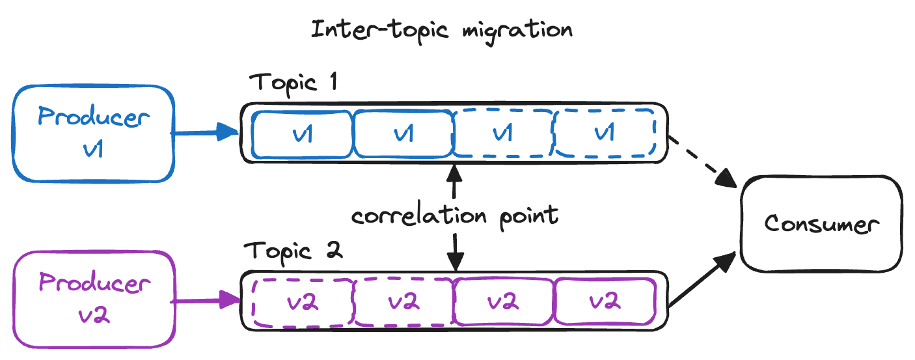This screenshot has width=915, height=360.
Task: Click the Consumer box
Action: (x=821, y=224)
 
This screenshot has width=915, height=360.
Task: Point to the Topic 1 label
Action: (x=293, y=83)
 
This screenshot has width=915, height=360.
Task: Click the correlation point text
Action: (x=454, y=215)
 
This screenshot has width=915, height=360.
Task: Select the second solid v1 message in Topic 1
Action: (x=402, y=133)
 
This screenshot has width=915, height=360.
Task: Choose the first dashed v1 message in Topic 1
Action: (x=502, y=133)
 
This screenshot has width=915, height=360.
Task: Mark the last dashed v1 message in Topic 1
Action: (x=604, y=133)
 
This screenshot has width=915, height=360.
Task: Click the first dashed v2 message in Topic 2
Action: (x=302, y=302)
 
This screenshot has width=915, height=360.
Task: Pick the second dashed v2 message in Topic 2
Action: (x=403, y=302)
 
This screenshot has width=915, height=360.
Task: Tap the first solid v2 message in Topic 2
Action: (x=503, y=302)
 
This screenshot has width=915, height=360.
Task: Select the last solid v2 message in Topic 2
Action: (x=605, y=302)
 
